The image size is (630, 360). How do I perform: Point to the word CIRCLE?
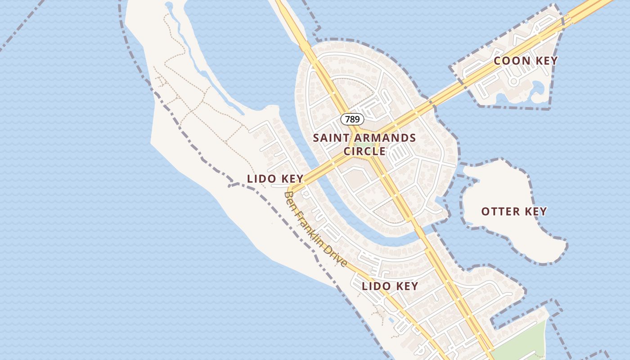pos(364,151)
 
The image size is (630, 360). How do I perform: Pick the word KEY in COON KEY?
pos(546,61)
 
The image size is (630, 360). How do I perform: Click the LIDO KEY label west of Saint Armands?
pos(275,179)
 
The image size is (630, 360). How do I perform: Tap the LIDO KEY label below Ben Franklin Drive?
pos(390,286)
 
